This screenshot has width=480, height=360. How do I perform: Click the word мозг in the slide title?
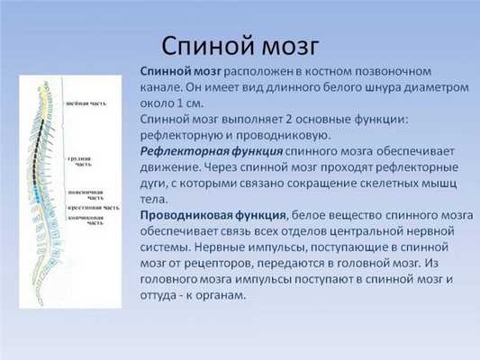pyautogui.click(x=289, y=45)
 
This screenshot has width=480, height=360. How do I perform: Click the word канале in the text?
pyautogui.click(x=163, y=87)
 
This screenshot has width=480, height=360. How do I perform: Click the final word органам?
pyautogui.click(x=217, y=296)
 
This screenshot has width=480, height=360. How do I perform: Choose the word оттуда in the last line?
pyautogui.click(x=162, y=296)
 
